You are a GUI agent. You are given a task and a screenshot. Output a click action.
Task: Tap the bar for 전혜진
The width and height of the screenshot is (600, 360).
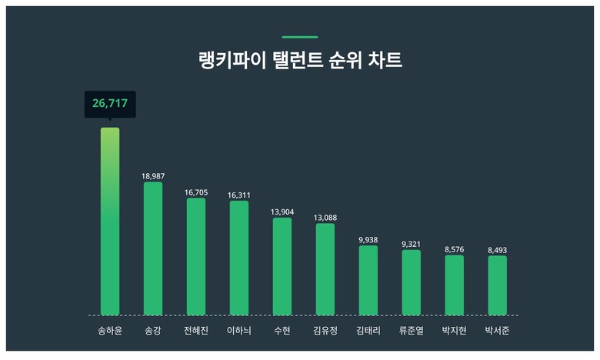coord(196,257)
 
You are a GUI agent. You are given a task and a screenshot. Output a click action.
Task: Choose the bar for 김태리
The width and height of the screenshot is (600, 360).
coord(368,281)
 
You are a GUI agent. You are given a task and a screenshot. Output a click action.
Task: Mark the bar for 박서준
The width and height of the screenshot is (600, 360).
coord(497,285)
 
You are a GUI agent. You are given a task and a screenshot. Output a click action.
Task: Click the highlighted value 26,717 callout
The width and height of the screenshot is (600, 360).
coord(109,103)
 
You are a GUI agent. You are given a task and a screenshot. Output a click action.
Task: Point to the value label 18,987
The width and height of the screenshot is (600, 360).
coord(153,176)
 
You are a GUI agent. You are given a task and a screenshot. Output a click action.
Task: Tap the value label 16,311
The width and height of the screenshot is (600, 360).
coord(239,195)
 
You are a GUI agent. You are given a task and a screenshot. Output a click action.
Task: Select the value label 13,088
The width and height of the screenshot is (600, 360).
coord(325,218)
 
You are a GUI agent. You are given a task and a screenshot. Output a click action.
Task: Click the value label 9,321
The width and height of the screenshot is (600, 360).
coord(412,244)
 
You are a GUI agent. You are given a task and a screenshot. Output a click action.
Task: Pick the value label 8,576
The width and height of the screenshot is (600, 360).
coord(455,249)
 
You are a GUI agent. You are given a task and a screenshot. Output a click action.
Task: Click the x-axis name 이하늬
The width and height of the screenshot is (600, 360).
coord(239,332)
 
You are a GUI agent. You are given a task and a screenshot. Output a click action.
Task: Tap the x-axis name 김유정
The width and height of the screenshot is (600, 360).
coord(325,332)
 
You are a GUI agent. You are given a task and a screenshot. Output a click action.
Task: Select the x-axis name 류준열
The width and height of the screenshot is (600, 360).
coord(412,332)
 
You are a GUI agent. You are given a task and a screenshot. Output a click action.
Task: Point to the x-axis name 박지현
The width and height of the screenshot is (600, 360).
coord(455,332)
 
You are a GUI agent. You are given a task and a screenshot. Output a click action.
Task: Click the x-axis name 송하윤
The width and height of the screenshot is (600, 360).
coord(110,332)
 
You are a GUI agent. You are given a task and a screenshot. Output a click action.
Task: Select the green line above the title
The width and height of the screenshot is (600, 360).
coord(300,36)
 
